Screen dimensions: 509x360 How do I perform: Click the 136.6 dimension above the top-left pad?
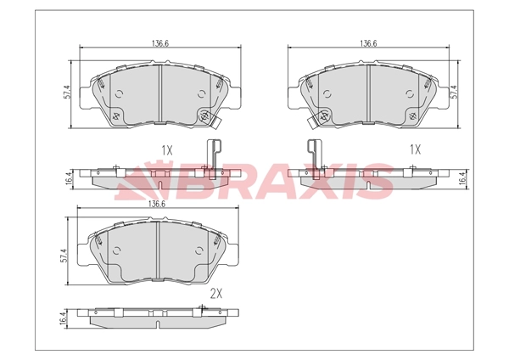coord(160,43)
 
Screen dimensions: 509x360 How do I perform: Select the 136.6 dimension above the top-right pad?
coord(368,43)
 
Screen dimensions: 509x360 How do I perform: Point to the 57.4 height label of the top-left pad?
coord(67,93)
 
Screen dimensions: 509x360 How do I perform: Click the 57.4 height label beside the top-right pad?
coord(454,92)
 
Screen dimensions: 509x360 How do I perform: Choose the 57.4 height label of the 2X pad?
coord(64,256)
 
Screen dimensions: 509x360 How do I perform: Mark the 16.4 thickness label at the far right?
coord(464,178)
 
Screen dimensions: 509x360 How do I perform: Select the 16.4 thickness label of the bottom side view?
coord(64,317)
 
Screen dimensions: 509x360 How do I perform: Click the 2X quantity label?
coord(216,294)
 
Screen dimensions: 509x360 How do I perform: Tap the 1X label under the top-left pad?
coord(167,150)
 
